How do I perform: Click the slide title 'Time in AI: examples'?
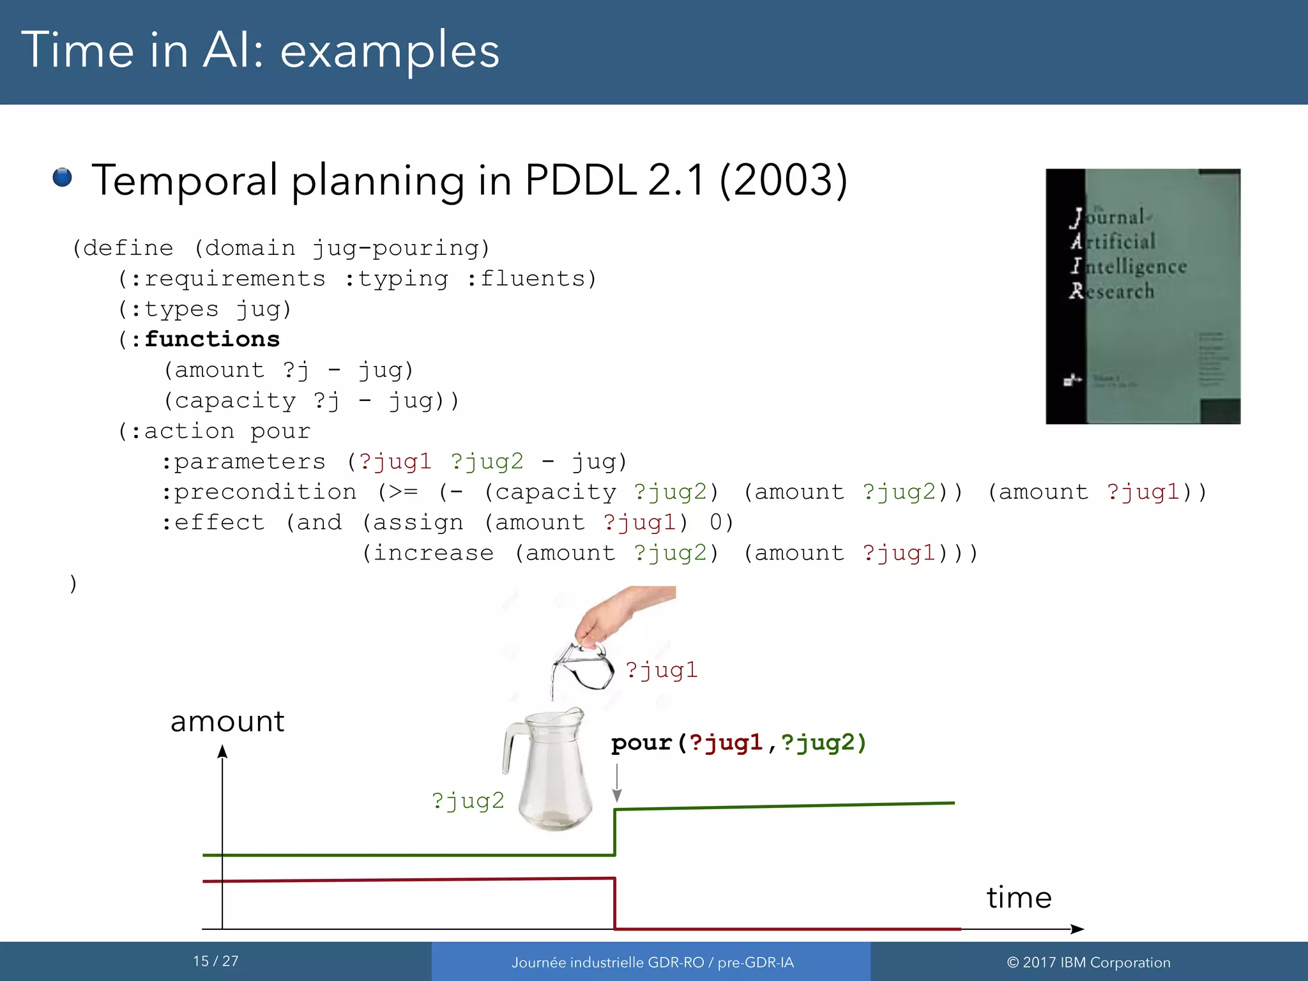[260, 51]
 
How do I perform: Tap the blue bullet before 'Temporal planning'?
[62, 177]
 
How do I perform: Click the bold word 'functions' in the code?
[212, 339]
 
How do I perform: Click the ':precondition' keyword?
[259, 492]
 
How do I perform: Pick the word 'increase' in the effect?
[433, 553]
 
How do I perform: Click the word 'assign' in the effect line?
[418, 522]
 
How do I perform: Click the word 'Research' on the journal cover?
[1112, 291]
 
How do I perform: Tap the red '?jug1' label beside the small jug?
[661, 670]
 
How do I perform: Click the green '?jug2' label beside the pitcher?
[468, 801]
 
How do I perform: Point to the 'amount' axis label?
[227, 722]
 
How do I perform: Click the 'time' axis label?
[1019, 897]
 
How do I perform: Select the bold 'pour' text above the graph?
[641, 743]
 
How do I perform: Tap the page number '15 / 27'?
[216, 961]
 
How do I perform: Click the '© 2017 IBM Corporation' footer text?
[1088, 962]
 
